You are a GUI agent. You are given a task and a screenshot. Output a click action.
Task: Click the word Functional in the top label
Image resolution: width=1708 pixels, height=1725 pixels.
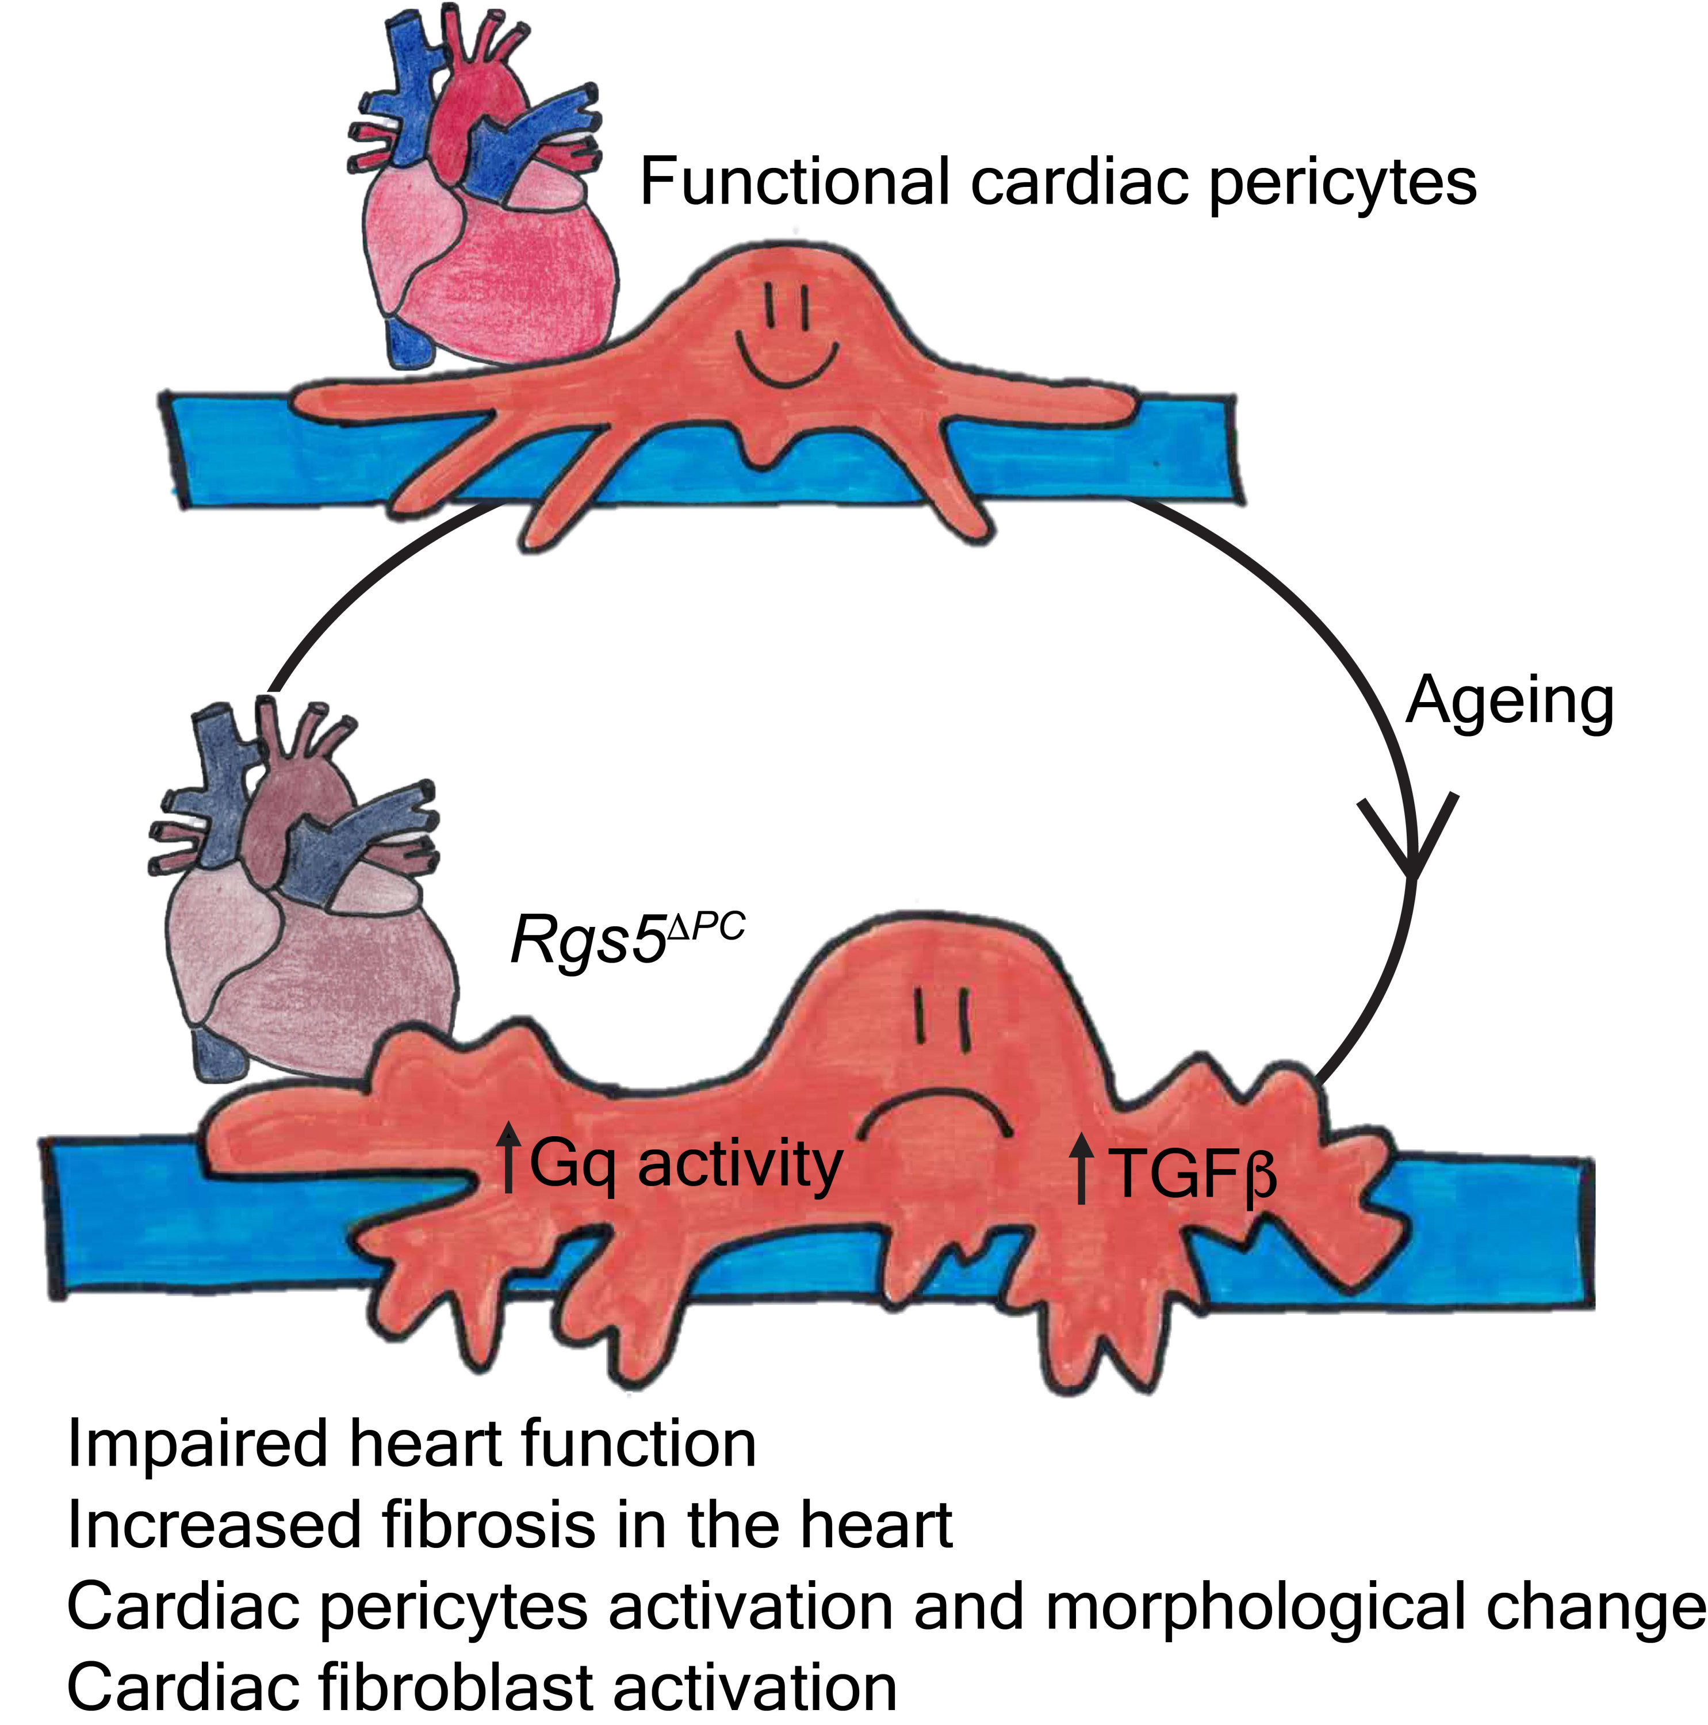pos(795,181)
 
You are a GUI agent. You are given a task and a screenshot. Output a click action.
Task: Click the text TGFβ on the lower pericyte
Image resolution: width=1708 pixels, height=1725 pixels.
pos(1192,1171)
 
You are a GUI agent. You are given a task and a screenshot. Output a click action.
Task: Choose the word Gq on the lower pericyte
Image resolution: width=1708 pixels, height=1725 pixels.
pos(572,1165)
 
